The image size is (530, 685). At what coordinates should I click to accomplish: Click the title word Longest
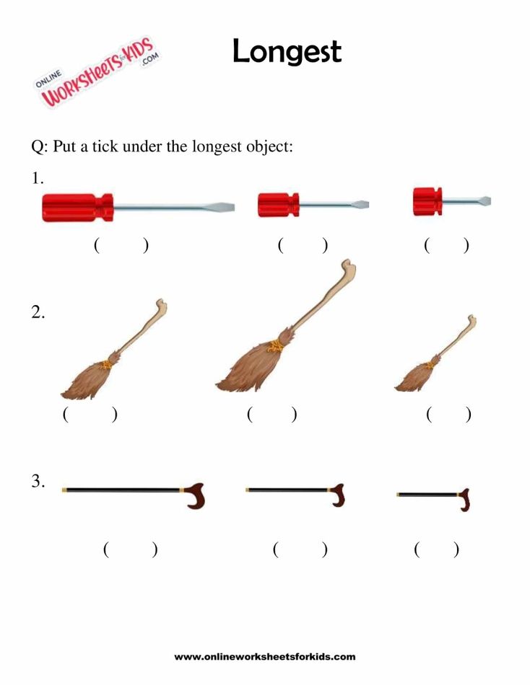[286, 52]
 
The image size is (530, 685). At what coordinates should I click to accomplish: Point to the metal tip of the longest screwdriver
[225, 208]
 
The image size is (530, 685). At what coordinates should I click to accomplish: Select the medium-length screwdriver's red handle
[278, 205]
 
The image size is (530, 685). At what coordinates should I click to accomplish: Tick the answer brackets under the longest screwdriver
[121, 245]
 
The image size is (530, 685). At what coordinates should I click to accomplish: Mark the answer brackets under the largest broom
[271, 415]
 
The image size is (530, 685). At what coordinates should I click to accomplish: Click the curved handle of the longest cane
[196, 495]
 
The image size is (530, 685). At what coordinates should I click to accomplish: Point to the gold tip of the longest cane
[65, 490]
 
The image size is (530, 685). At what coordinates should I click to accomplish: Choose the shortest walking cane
[434, 497]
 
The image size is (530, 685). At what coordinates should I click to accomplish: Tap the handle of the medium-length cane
[337, 495]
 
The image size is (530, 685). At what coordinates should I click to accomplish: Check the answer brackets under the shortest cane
[436, 549]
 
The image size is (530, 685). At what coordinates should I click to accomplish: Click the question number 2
[38, 313]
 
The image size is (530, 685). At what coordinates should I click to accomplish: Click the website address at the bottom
[265, 657]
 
